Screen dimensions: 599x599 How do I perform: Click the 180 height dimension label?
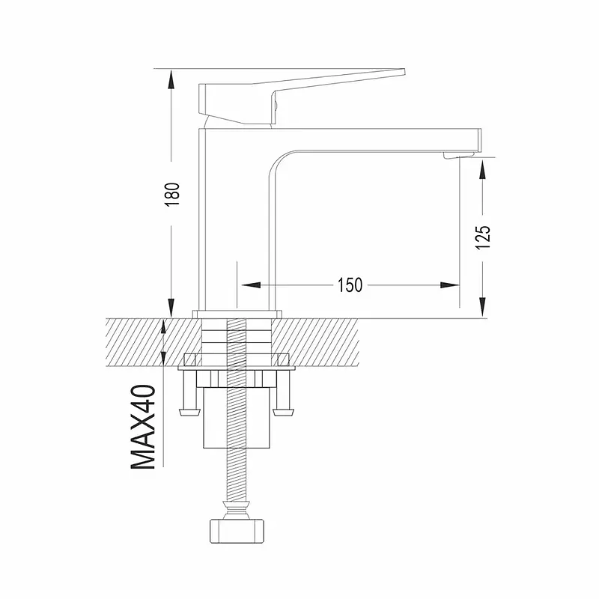(x=173, y=195)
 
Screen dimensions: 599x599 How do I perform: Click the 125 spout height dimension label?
(x=482, y=237)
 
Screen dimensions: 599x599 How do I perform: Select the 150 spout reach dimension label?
(x=350, y=285)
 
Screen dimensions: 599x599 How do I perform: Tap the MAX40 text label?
(x=143, y=427)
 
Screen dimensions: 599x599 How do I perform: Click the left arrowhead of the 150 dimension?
(x=251, y=285)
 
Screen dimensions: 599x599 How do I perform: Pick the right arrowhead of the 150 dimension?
(x=449, y=285)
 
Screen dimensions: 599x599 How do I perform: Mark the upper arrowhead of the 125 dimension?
(x=482, y=169)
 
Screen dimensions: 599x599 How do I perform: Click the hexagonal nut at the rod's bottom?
(x=237, y=530)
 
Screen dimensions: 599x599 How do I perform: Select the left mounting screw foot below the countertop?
(x=190, y=413)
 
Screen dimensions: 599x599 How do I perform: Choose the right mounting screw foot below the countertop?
(x=284, y=413)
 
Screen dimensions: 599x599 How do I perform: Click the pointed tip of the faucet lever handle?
(x=404, y=70)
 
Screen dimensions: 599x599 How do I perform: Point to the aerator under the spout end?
(x=458, y=155)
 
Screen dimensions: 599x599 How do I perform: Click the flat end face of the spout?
(x=480, y=140)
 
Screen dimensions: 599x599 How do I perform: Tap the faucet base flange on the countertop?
(x=237, y=314)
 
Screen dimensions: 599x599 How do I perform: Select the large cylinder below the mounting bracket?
(x=237, y=418)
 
